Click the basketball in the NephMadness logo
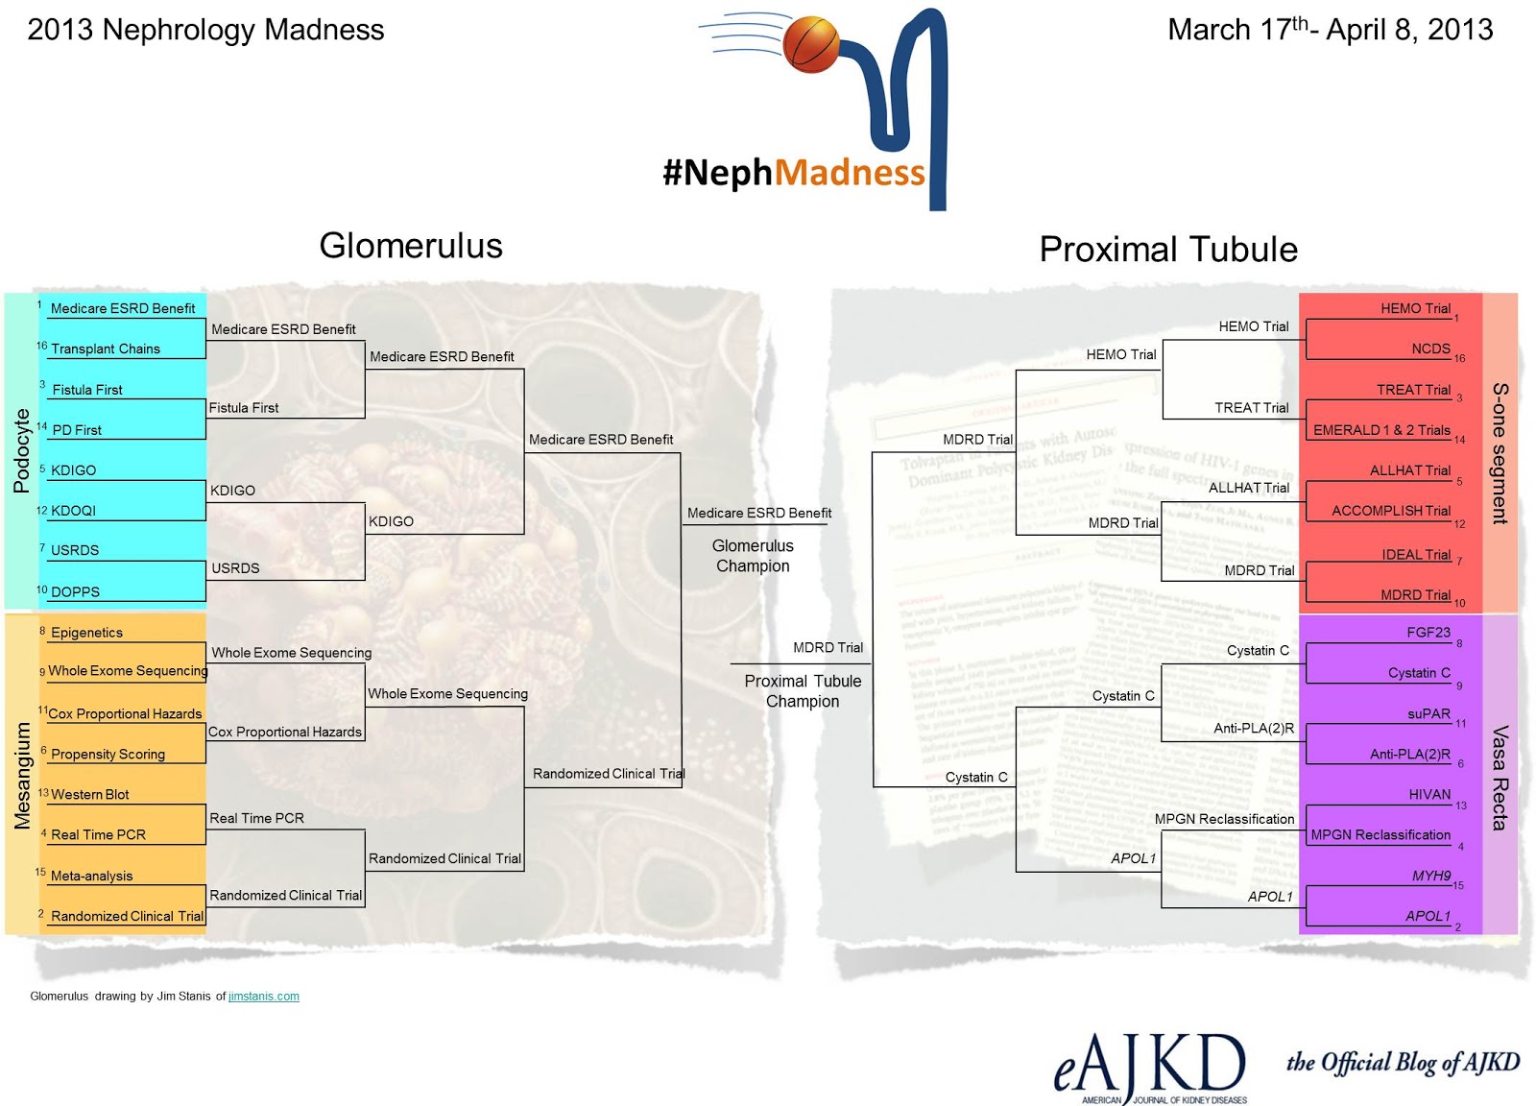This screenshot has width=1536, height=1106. (811, 44)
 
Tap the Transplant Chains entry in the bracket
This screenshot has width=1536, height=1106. (106, 349)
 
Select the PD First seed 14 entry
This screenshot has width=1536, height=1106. (77, 430)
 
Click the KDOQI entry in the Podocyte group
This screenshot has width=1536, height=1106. (73, 511)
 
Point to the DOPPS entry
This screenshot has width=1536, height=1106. (75, 591)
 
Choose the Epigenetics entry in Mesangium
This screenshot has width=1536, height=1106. (86, 633)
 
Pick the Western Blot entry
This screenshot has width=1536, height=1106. (89, 795)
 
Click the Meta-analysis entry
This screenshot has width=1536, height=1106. (91, 876)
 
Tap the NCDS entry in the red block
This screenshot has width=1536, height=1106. (1430, 349)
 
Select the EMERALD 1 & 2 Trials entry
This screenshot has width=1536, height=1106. (1381, 430)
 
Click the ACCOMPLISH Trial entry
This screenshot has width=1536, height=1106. (1391, 511)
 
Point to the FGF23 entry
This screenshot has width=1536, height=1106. (1428, 633)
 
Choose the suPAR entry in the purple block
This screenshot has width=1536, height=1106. (1428, 714)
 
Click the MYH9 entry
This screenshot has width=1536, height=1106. (1430, 876)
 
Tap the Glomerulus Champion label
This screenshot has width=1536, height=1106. (753, 556)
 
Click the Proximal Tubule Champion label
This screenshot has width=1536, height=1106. (803, 691)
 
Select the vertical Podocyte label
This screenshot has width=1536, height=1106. (21, 450)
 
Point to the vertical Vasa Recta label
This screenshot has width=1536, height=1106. (1500, 778)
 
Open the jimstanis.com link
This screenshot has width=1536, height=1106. (264, 997)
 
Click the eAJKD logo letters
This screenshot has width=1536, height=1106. (1149, 1066)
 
